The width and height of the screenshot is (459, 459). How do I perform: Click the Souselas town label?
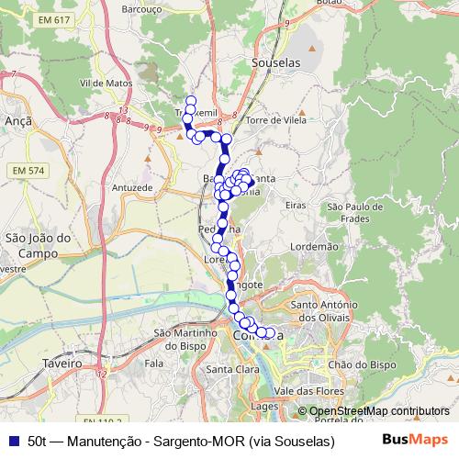(x=274, y=62)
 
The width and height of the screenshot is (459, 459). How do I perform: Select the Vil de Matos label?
(x=107, y=82)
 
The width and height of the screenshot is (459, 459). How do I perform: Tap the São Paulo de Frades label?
(x=354, y=213)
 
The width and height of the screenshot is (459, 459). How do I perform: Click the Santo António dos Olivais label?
(x=331, y=310)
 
